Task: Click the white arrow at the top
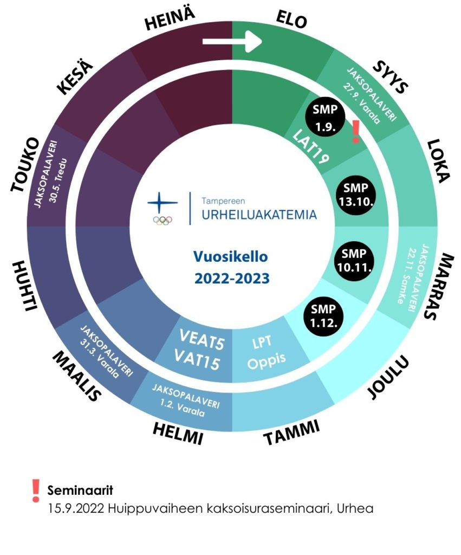pyautogui.click(x=232, y=42)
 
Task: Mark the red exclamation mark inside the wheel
pyautogui.click(x=355, y=132)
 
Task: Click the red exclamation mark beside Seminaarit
pyautogui.click(x=36, y=490)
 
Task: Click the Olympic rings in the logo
pyautogui.click(x=162, y=221)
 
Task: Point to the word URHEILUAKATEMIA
pyautogui.click(x=259, y=215)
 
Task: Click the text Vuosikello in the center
pyautogui.click(x=232, y=256)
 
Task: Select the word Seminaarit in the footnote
pyautogui.click(x=80, y=491)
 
